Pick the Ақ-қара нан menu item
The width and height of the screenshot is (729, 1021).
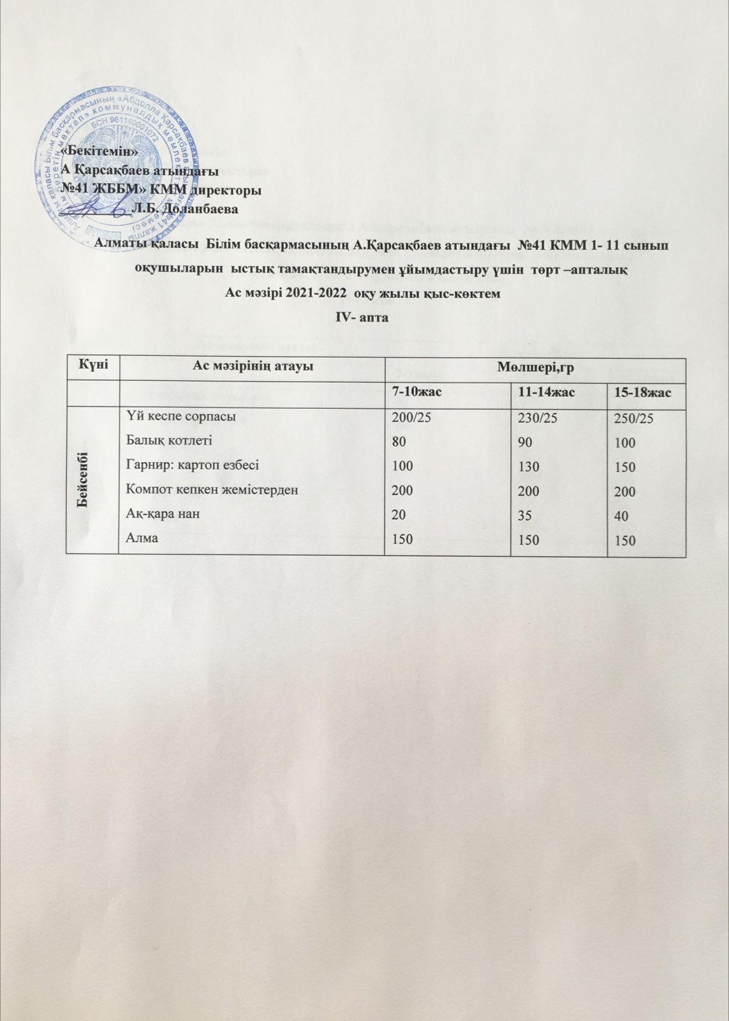(x=159, y=514)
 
